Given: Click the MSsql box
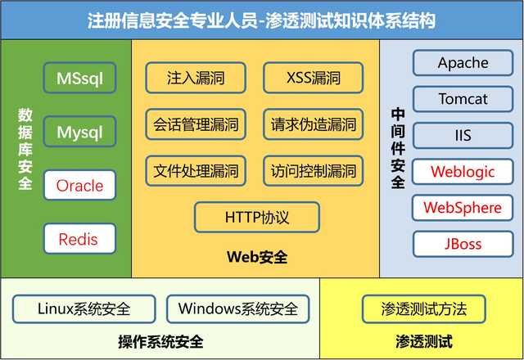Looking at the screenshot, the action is (x=79, y=79).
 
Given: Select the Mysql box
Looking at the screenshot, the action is (x=79, y=132).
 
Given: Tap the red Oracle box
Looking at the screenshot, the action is (x=79, y=186).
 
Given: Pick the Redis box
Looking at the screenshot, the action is (x=79, y=240).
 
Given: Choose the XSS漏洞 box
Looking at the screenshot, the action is (x=314, y=79).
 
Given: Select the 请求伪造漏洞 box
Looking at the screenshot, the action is (x=314, y=125).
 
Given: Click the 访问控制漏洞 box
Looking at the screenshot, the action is (x=314, y=171).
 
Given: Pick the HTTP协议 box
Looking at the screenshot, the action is (x=256, y=218).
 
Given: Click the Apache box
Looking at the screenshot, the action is (x=463, y=63).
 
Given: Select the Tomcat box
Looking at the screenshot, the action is (x=463, y=99).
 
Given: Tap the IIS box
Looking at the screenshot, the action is (x=463, y=135).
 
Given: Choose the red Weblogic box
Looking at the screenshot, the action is (x=463, y=171).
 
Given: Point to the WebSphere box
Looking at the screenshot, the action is (x=463, y=208).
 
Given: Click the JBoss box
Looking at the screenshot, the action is (x=463, y=244).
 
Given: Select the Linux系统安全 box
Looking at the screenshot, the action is (x=84, y=309).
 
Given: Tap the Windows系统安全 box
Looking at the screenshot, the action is (x=238, y=309).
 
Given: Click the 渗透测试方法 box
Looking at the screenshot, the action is (x=423, y=309).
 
